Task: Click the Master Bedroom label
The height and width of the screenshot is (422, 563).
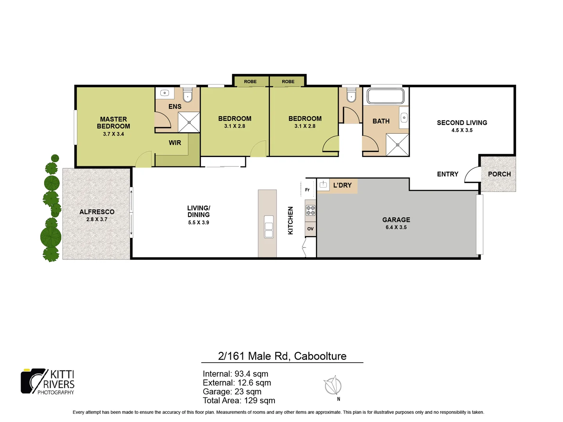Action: (x=113, y=123)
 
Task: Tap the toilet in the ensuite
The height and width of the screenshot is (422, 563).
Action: (x=188, y=94)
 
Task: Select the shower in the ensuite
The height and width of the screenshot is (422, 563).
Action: (x=189, y=122)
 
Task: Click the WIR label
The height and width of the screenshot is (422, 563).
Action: (x=175, y=143)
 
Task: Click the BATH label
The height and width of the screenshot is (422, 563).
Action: (x=381, y=122)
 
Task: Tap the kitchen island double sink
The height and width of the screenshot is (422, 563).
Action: (x=269, y=227)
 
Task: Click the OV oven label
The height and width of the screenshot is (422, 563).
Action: (x=310, y=229)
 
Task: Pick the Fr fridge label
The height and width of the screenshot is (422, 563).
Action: (x=307, y=190)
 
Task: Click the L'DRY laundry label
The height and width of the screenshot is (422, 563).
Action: (x=342, y=185)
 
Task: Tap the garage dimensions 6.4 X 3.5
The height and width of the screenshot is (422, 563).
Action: (x=396, y=227)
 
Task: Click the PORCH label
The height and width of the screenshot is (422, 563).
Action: (x=499, y=174)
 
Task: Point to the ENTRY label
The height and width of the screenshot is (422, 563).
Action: (x=447, y=174)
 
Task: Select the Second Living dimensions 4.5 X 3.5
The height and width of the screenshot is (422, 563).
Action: (x=462, y=131)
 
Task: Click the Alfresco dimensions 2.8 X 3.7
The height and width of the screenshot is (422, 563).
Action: (x=97, y=220)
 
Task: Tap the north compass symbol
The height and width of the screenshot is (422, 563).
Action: (x=333, y=386)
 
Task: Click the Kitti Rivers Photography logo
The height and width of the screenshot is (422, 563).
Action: (x=48, y=381)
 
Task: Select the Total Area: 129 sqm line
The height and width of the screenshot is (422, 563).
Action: (x=239, y=401)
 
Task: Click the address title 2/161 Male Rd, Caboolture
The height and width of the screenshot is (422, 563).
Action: (x=282, y=356)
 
